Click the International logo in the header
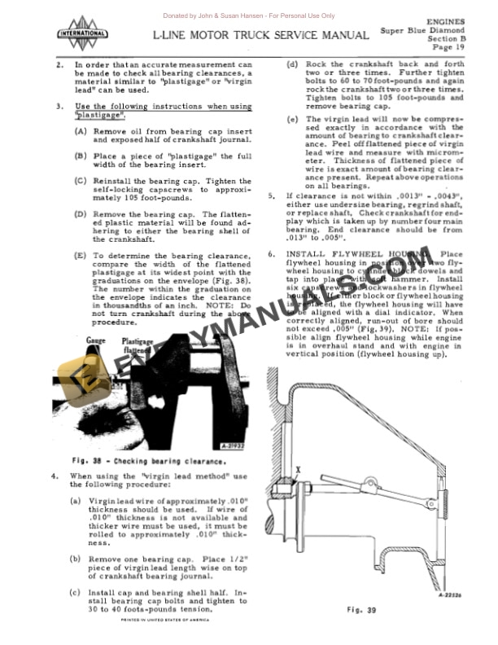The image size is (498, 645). [x=81, y=33]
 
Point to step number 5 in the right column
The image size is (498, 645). [x=272, y=196]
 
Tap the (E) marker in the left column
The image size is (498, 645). [x=81, y=255]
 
